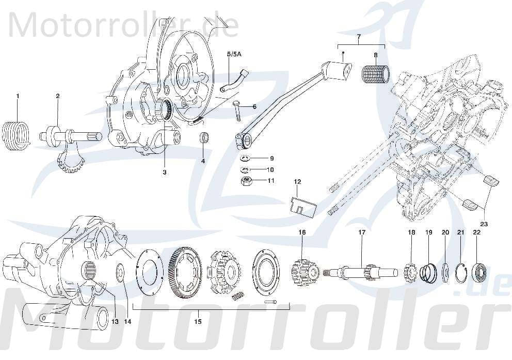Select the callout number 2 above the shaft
click(58, 96)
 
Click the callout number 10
click(270, 169)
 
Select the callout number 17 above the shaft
click(361, 233)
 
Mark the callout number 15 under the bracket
click(198, 321)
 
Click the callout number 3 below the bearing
click(165, 172)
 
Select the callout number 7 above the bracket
click(359, 37)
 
